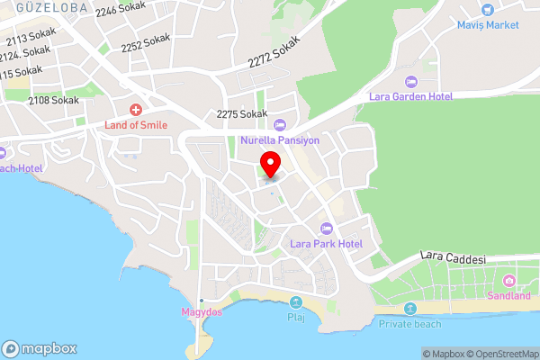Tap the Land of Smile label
point(136,124)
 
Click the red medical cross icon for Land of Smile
point(136,109)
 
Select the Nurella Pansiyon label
point(279,139)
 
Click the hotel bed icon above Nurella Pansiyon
point(279,124)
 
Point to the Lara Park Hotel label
point(326,243)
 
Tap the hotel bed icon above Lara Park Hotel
point(326,228)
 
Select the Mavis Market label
point(488,24)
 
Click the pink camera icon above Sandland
point(510,281)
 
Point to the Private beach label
point(409,323)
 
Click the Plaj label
point(296,317)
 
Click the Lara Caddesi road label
point(454,258)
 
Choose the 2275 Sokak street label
point(242,114)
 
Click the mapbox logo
point(40,348)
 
